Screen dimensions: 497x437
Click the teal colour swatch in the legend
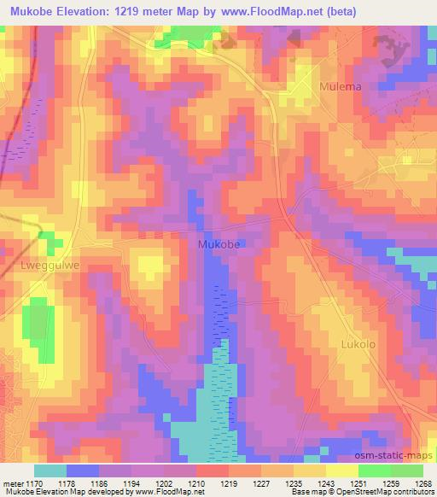pyautogui.click(x=50, y=471)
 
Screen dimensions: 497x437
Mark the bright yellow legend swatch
pyautogui.click(x=341, y=471)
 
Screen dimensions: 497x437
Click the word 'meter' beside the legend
pyautogui.click(x=13, y=482)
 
